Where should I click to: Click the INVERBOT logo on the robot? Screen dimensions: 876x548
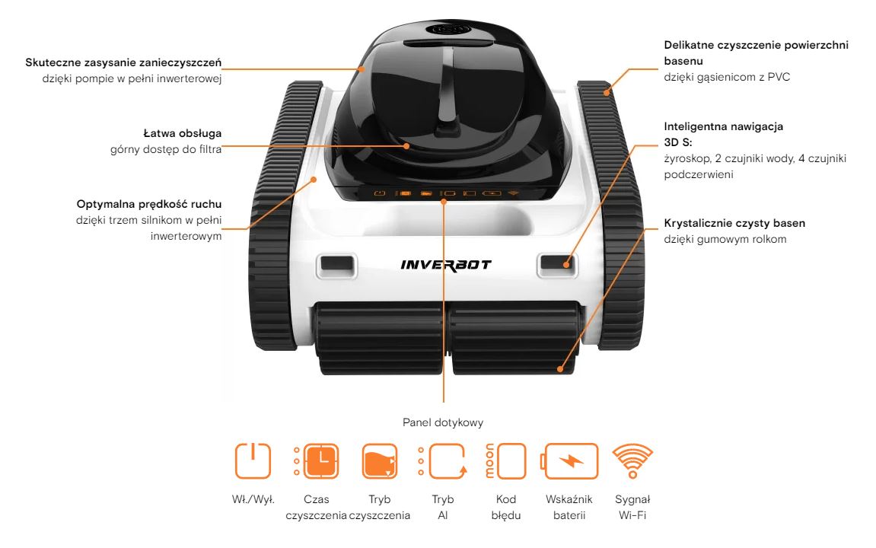click(446, 265)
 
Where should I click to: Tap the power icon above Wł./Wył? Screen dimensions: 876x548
click(253, 461)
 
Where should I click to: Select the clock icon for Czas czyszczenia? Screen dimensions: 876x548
click(316, 461)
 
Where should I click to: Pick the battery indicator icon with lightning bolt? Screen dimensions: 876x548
click(569, 461)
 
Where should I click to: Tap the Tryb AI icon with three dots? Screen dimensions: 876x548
click(442, 461)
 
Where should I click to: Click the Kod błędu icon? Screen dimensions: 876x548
click(505, 461)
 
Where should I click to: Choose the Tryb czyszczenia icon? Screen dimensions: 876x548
click(379, 461)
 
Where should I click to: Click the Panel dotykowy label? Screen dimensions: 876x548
click(443, 422)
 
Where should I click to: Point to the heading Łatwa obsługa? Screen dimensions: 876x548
click(183, 133)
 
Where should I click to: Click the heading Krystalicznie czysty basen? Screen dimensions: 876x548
click(734, 223)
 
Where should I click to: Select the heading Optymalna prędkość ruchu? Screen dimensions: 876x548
click(149, 204)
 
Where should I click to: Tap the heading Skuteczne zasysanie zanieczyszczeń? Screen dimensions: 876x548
click(123, 62)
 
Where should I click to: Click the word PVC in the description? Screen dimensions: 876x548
click(779, 77)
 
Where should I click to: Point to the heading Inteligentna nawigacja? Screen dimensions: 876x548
click(724, 126)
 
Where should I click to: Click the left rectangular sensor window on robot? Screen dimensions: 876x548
click(336, 266)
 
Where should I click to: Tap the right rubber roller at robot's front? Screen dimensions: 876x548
click(515, 338)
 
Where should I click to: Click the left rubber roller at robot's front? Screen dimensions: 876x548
click(378, 338)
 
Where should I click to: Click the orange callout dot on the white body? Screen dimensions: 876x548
click(314, 180)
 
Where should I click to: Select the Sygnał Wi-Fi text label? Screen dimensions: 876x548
click(632, 507)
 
